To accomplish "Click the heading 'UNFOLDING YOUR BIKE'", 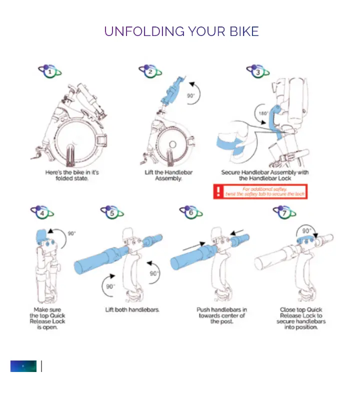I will click(x=181, y=32).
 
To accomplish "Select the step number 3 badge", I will click(x=257, y=72).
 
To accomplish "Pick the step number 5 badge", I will click(x=112, y=213).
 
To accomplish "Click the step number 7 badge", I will click(x=283, y=213).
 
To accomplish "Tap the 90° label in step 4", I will click(x=71, y=233).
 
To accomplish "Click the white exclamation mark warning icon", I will click(x=218, y=191).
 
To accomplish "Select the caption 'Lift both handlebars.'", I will click(x=132, y=310).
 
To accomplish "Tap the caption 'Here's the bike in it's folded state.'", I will click(x=71, y=175).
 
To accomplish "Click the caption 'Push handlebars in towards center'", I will click(x=220, y=315).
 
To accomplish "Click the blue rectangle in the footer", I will click(x=23, y=366).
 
